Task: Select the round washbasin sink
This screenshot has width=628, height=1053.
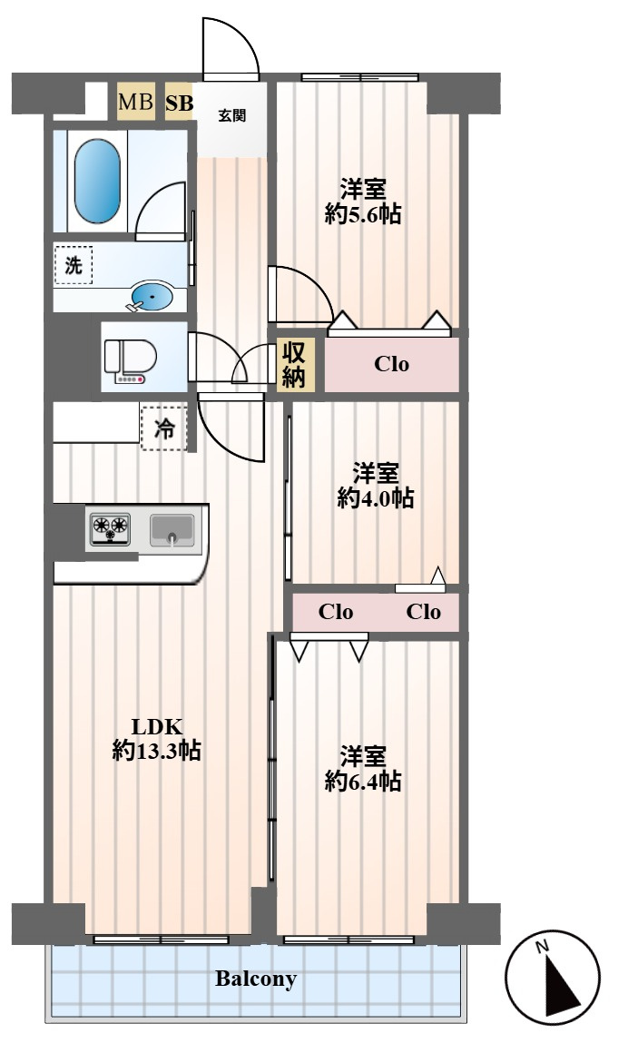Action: coord(152,296)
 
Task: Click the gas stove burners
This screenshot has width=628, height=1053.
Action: coord(109,528)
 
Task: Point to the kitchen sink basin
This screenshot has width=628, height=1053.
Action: coord(172,528)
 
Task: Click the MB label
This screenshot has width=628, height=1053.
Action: coord(135,103)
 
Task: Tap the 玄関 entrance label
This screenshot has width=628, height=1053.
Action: coord(231,115)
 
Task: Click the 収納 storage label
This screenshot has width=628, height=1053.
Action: coord(296,365)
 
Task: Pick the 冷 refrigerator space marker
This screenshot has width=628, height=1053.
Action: coord(164,429)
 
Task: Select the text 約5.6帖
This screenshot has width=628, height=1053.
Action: coord(363,215)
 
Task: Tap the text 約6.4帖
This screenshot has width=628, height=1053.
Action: coord(363,781)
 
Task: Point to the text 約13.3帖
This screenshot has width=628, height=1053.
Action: coord(157,751)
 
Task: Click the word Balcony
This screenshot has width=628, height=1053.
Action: coord(256,979)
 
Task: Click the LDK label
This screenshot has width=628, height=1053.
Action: coord(158,726)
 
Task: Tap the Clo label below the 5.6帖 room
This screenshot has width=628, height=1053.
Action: coord(391,365)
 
